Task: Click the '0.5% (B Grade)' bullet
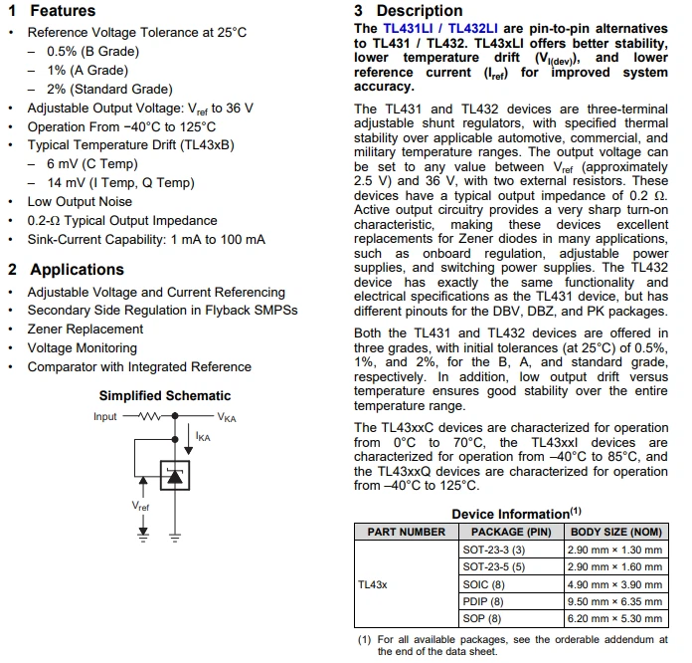(92, 51)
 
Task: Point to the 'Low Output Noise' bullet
(80, 201)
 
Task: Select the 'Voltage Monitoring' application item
(83, 348)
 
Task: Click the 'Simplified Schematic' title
(165, 396)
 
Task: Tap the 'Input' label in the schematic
(105, 417)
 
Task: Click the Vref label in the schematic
(141, 506)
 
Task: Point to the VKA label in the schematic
(227, 418)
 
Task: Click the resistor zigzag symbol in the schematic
(150, 417)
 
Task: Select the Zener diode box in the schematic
(175, 476)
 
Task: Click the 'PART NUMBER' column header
(407, 532)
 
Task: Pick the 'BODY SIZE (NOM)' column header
(616, 532)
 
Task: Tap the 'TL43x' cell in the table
(373, 584)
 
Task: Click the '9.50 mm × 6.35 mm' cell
(614, 601)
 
